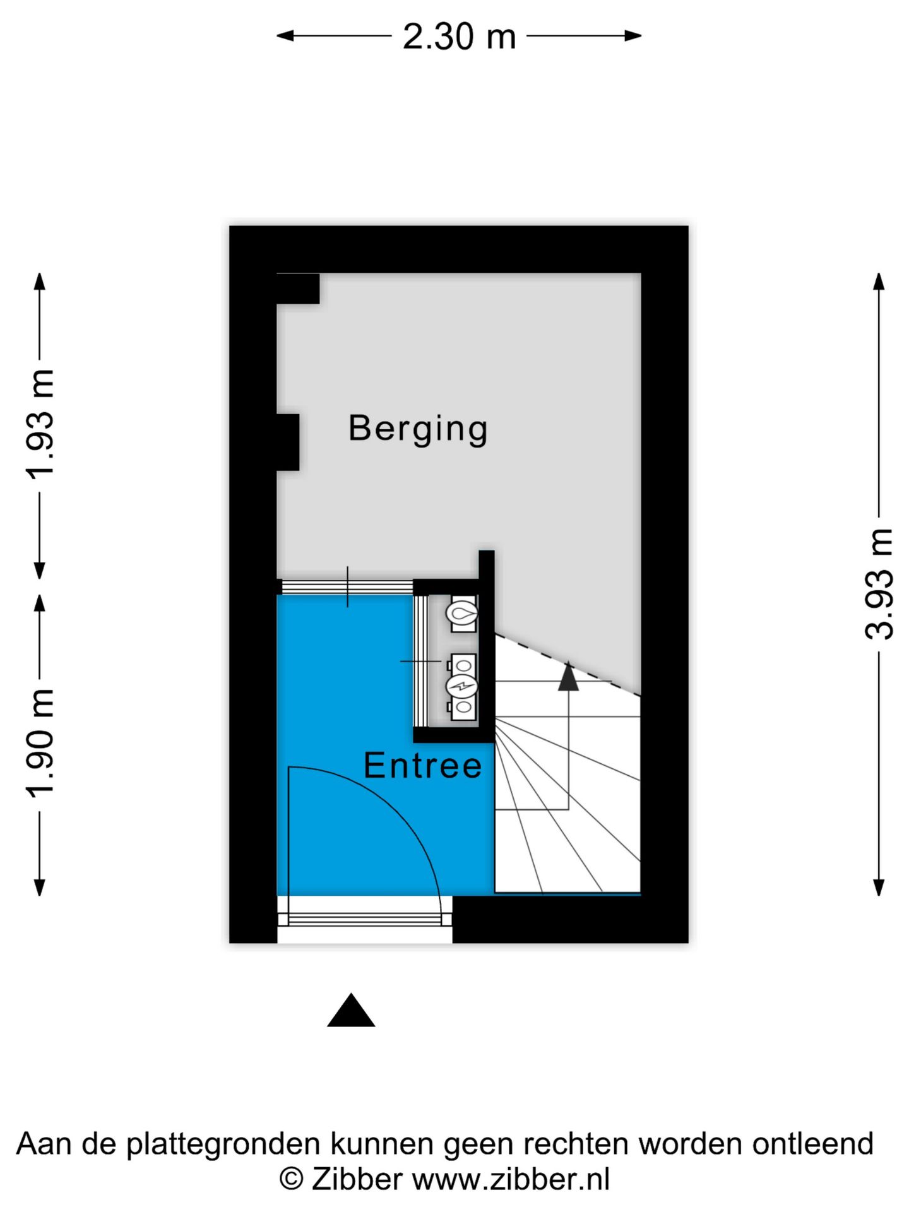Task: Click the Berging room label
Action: (x=418, y=429)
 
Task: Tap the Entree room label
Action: (x=422, y=766)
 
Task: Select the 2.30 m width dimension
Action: (x=459, y=37)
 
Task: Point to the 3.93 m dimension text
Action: (x=879, y=584)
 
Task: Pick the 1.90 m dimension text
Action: (x=40, y=743)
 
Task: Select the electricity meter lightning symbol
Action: (x=463, y=686)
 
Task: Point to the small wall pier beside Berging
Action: (x=288, y=442)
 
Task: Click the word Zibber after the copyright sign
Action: (x=357, y=1179)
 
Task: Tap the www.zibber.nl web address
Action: (x=511, y=1179)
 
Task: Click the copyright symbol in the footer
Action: (x=291, y=1179)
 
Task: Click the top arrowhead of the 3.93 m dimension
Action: (x=879, y=281)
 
